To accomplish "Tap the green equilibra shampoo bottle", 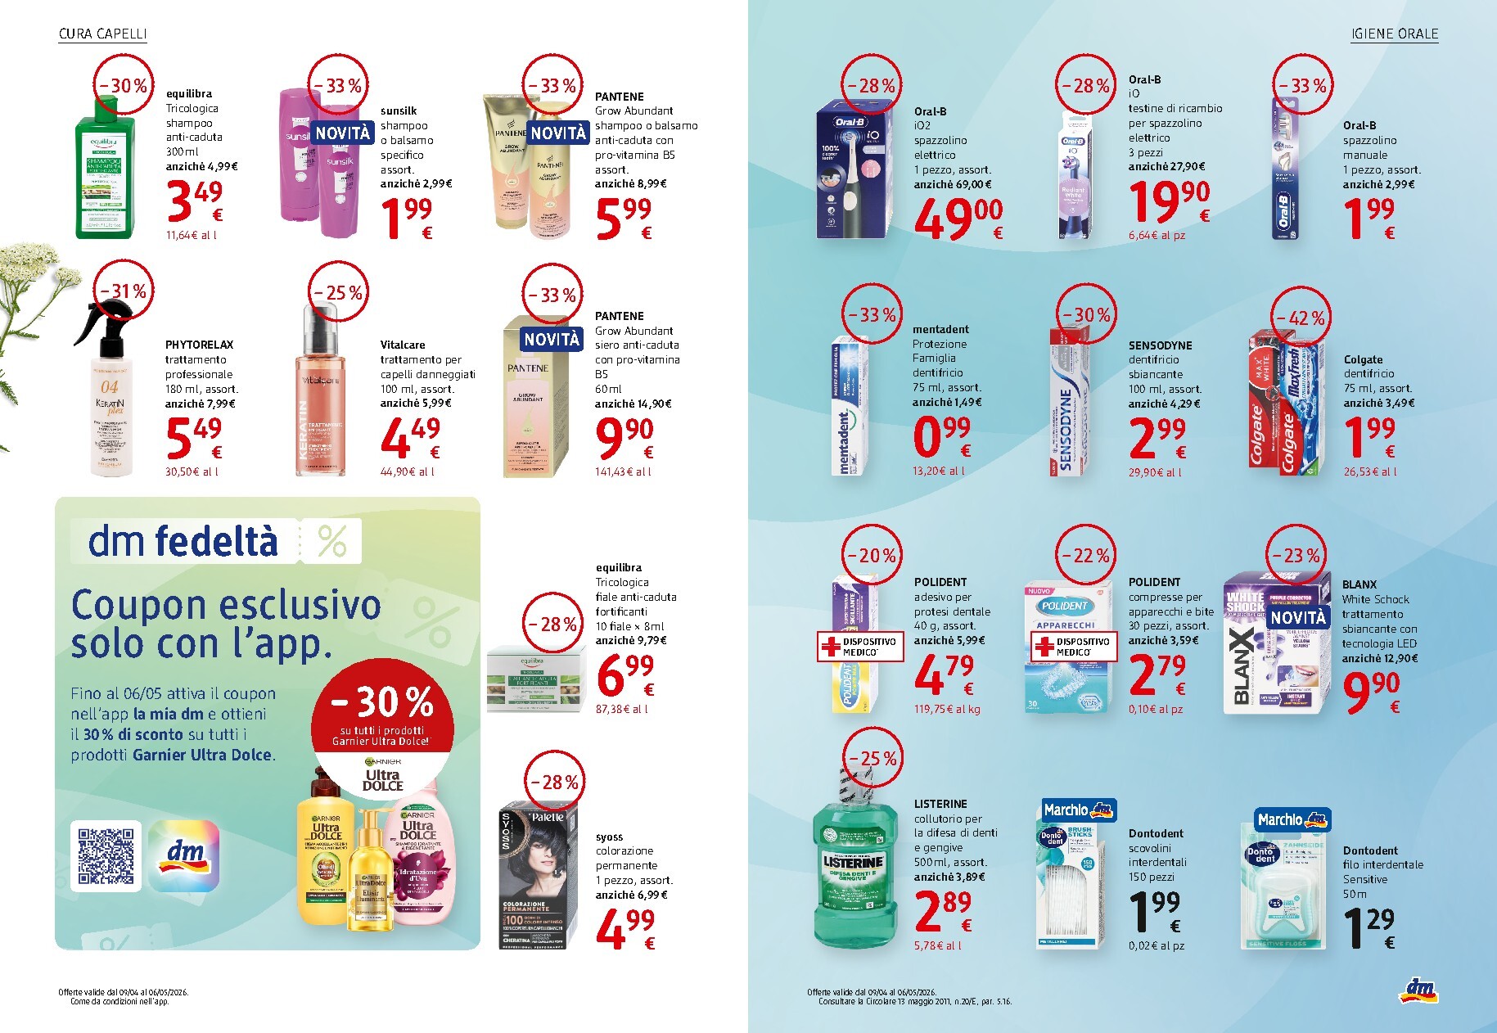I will [104, 176].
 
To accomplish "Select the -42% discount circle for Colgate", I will [1301, 318].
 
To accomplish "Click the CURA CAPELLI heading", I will [103, 34].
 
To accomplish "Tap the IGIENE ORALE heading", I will [1394, 34].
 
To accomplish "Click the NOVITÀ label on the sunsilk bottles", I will [343, 133].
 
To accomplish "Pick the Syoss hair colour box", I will [538, 877].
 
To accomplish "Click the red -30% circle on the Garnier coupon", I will [381, 708].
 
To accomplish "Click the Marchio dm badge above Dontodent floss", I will [1292, 819].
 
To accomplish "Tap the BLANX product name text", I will [1359, 584].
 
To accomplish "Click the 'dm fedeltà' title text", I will [183, 542].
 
